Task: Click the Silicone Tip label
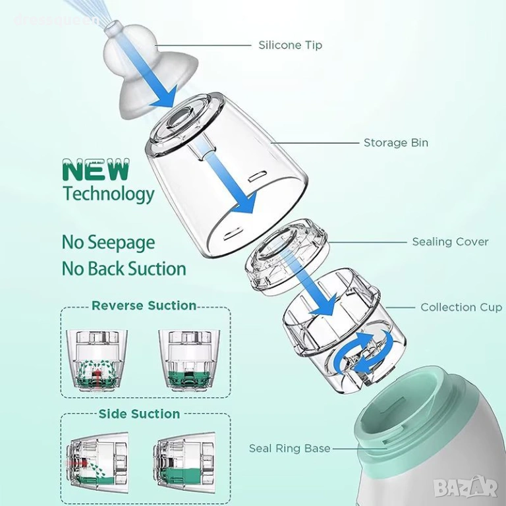(290, 45)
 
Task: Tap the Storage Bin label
(396, 142)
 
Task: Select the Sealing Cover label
(450, 242)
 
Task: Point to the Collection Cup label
(461, 307)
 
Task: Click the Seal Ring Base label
(289, 448)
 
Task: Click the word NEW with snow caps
(96, 170)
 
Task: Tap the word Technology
(109, 194)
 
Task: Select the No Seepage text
(109, 243)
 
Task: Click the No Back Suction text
(124, 269)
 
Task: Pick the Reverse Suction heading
(144, 306)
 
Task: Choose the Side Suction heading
(140, 414)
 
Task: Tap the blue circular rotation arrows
(364, 353)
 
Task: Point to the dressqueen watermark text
(56, 20)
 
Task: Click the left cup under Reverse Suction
(97, 360)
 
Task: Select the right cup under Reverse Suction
(189, 360)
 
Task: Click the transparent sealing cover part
(287, 257)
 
